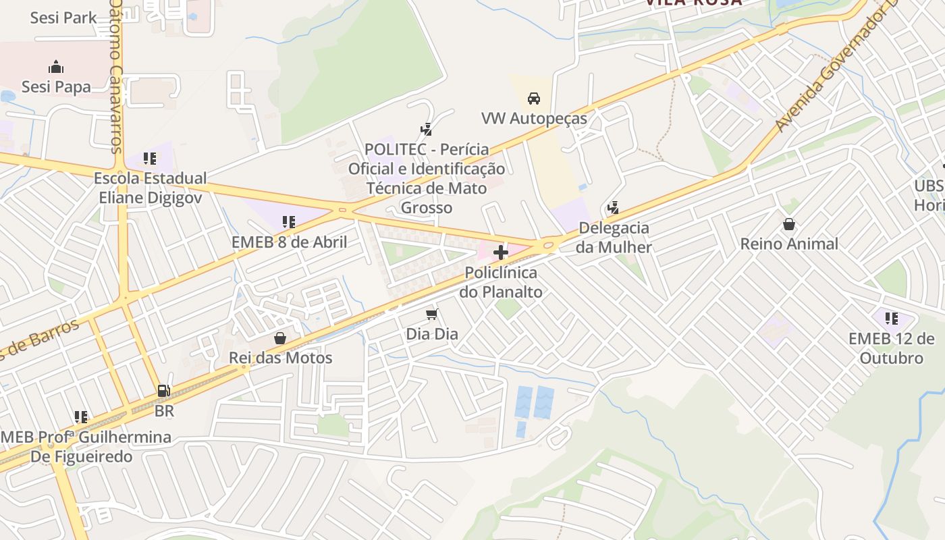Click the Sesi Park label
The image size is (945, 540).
tap(63, 18)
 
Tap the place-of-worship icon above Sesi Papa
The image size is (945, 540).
tap(56, 67)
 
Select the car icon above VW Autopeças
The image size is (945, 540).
tap(534, 99)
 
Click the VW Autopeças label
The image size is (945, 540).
tap(534, 119)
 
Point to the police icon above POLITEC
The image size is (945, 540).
tap(426, 129)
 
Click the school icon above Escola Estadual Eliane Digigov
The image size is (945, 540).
tap(150, 159)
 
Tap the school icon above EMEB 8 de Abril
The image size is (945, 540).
tap(289, 221)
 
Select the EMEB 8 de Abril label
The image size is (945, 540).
tap(289, 242)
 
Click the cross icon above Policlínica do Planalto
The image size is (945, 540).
tap(501, 253)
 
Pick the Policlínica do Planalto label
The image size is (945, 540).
tap(501, 282)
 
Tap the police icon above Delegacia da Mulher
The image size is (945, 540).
tap(614, 207)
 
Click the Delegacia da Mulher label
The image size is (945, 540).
tap(614, 237)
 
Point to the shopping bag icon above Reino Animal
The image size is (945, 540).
tap(789, 223)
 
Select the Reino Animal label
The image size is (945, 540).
tap(789, 244)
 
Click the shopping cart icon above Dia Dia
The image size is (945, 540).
tap(432, 314)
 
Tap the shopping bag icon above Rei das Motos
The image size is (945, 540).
tap(280, 337)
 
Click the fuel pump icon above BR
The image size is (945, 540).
tap(163, 390)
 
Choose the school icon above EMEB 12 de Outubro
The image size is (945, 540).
tap(892, 318)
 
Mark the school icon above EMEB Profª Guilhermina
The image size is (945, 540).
tap(81, 417)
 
